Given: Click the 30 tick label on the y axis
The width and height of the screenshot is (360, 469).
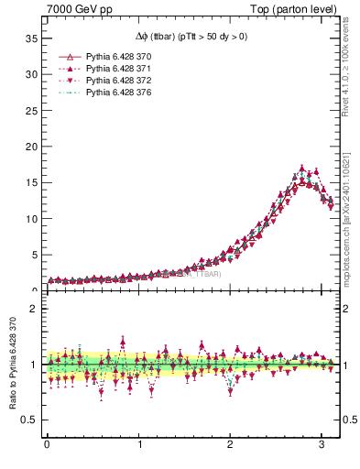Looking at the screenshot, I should pos(32,73).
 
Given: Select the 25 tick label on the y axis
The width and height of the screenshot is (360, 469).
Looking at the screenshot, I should pos(32,110).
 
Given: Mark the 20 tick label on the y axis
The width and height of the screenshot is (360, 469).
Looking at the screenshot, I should pos(32,146).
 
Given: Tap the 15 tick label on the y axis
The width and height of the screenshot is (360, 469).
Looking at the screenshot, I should pos(32,182).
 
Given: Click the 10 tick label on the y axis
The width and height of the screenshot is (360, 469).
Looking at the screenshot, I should pos(32,218).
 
